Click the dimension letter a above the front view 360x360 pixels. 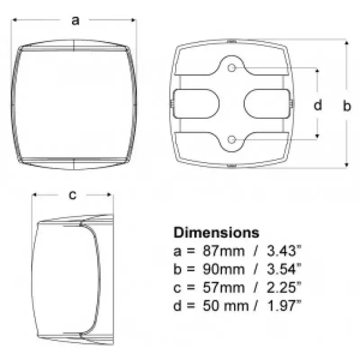tap(75, 20)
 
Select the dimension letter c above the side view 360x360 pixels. tap(72, 195)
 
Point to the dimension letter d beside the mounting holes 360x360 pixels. tap(318, 104)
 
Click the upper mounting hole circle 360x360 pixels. tap(232, 68)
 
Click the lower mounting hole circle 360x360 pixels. tap(232, 139)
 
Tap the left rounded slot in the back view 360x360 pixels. tap(196, 104)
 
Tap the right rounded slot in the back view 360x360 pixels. tap(267, 104)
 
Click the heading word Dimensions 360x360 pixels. tap(216, 232)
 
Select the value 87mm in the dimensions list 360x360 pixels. tap(223, 251)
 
